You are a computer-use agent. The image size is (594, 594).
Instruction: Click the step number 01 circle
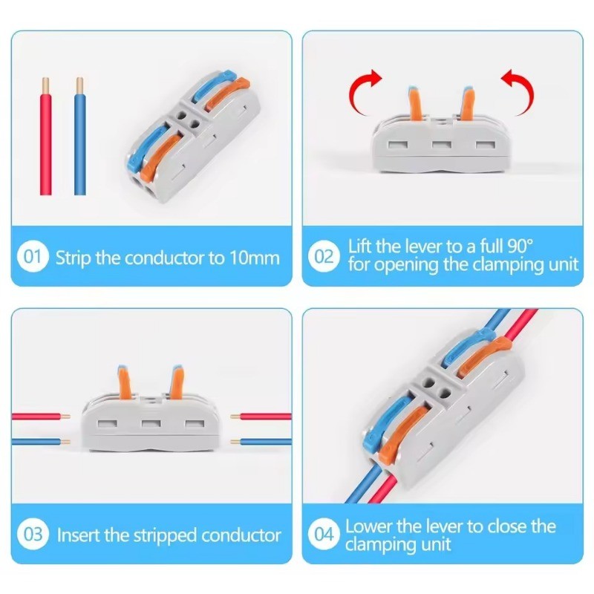tap(33, 257)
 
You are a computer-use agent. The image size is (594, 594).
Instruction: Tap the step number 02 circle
tap(324, 256)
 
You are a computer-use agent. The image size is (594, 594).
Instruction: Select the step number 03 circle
tap(33, 534)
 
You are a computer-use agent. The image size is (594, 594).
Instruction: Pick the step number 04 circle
tap(324, 534)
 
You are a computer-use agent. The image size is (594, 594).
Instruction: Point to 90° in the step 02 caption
tap(520, 247)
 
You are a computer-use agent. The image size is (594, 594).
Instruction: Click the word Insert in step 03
tap(79, 535)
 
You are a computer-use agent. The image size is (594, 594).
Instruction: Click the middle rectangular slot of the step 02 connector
tap(442, 146)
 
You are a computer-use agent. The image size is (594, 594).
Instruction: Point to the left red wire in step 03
tap(41, 417)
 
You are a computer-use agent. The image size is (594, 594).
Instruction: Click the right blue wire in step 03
tap(261, 442)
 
